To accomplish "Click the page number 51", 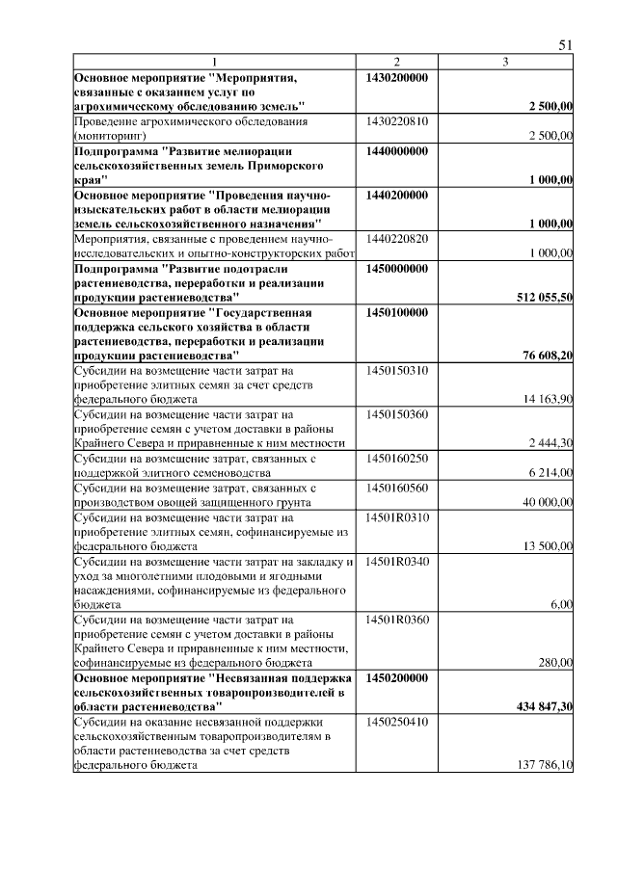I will [x=566, y=45].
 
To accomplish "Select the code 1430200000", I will [x=397, y=77].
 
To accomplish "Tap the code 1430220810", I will [x=397, y=122].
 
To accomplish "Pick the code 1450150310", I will [x=397, y=370].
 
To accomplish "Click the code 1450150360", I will [x=397, y=413].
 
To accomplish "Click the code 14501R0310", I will [x=397, y=516].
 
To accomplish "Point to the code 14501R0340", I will [x=397, y=561].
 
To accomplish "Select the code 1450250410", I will [x=397, y=721].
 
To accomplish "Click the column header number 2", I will [x=396, y=63].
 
